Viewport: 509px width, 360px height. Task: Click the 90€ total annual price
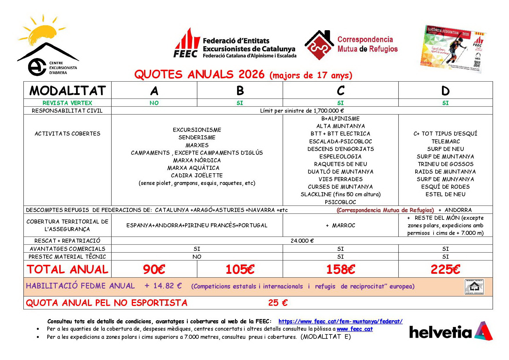[154, 269]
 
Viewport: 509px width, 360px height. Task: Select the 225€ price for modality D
[445, 269]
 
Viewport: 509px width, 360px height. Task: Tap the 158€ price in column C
[341, 269]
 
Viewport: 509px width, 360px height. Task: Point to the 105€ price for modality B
[240, 269]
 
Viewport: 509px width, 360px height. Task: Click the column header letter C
[341, 91]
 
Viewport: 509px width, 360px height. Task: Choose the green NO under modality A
[154, 103]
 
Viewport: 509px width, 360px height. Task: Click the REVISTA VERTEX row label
[67, 103]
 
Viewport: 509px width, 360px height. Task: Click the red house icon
[319, 45]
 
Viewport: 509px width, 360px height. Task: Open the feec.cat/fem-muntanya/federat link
[340, 321]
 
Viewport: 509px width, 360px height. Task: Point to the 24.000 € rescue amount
[302, 241]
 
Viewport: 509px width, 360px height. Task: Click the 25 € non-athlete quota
[278, 303]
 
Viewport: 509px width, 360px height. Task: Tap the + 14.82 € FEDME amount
[163, 286]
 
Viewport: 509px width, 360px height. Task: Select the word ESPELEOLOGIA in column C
[340, 156]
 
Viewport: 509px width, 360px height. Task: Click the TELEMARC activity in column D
[445, 141]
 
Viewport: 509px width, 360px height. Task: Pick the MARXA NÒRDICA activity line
[197, 160]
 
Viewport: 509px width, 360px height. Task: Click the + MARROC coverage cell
[340, 225]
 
